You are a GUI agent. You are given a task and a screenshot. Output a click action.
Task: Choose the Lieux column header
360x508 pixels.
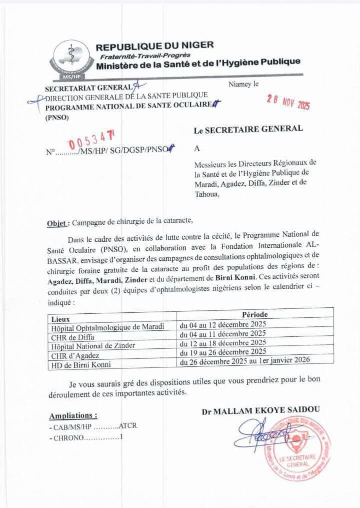click(x=60, y=318)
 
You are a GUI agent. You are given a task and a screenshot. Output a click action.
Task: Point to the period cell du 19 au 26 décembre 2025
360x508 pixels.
click(x=223, y=351)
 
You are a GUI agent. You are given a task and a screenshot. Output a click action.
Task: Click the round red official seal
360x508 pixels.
click(x=298, y=449)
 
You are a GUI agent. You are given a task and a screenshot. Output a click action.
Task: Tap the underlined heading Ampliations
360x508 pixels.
click(x=73, y=415)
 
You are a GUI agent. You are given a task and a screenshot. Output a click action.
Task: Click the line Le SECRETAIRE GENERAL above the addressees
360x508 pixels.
click(x=248, y=129)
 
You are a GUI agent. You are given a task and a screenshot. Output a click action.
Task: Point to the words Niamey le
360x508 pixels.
click(x=243, y=84)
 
